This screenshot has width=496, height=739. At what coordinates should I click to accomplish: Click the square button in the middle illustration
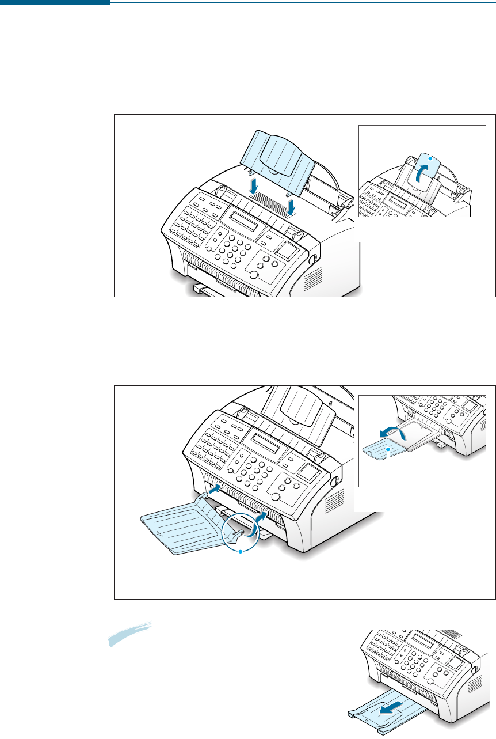(305, 474)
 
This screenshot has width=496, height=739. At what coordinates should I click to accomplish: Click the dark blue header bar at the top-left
(55, 2)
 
